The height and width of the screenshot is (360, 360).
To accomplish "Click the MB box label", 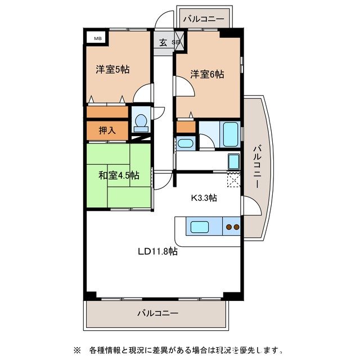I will click(x=97, y=38).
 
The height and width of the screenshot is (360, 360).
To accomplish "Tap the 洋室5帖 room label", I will click(x=112, y=70).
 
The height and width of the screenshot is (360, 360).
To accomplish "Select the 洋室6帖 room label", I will click(x=206, y=74).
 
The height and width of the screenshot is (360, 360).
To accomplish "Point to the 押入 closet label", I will click(x=107, y=130).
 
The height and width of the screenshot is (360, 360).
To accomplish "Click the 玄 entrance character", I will click(x=163, y=42).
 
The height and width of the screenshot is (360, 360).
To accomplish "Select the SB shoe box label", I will click(x=175, y=43).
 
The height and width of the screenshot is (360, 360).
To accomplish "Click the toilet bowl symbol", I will click(x=141, y=122).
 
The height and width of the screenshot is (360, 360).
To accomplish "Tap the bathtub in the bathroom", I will click(x=231, y=134).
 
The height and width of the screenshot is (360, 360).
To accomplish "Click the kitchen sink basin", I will click(x=200, y=228).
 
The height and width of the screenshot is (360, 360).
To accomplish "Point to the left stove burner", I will click(x=229, y=228).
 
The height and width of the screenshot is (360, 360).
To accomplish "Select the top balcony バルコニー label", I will click(x=204, y=19).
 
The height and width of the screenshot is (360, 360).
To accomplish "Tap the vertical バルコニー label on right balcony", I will click(x=256, y=166).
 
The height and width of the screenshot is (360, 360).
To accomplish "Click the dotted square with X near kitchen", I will click(x=233, y=180).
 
